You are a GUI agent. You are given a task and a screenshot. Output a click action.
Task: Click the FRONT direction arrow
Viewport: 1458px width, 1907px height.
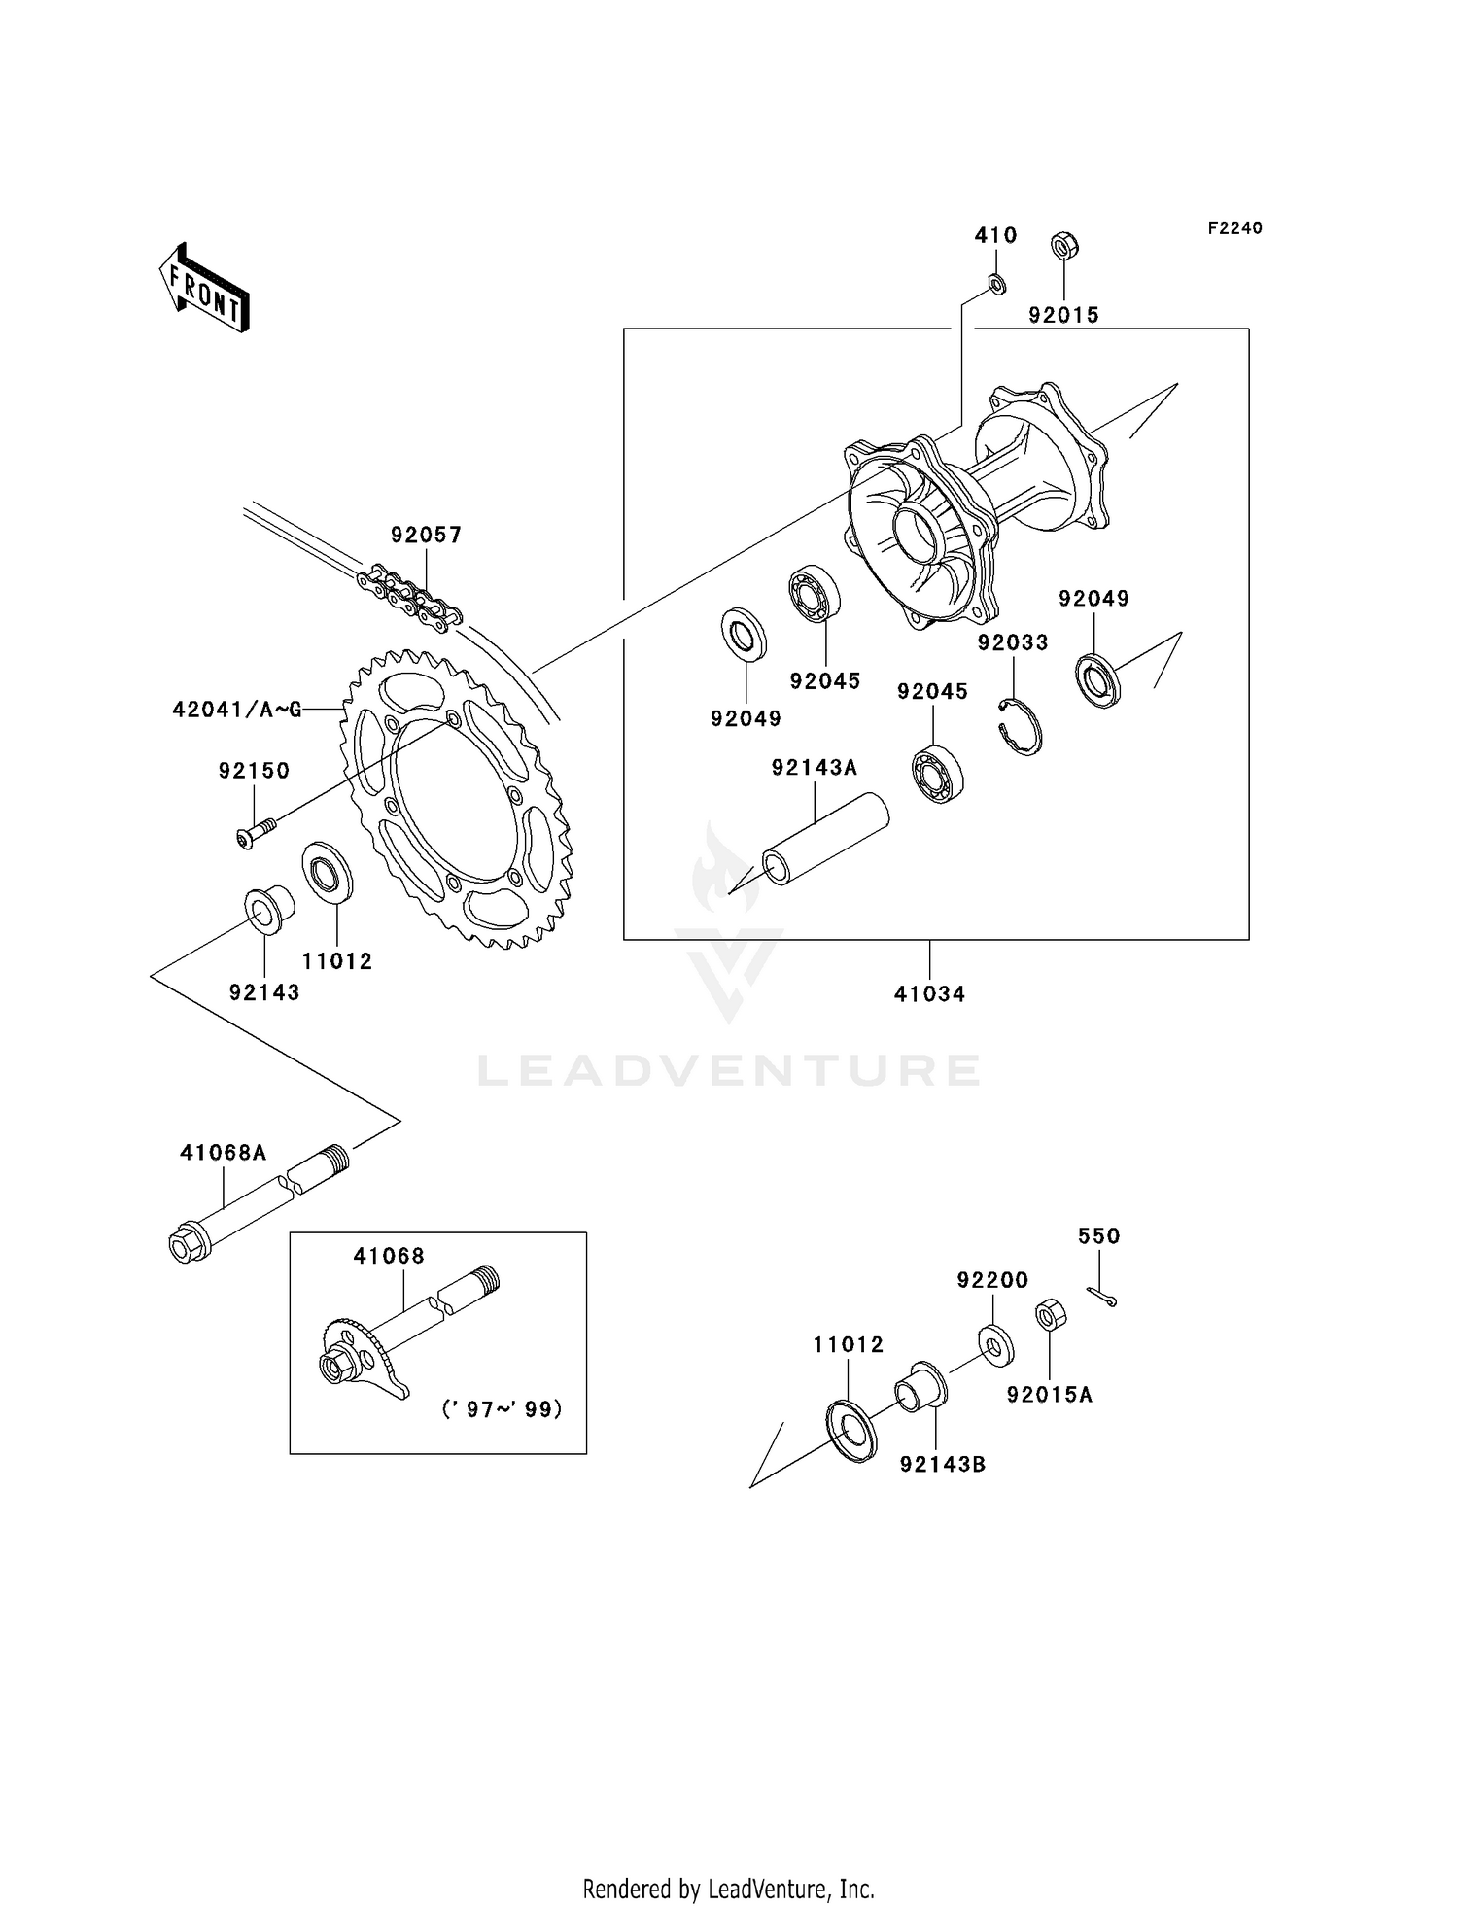[204, 289]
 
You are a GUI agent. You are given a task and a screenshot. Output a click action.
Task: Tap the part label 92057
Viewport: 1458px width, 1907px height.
[426, 535]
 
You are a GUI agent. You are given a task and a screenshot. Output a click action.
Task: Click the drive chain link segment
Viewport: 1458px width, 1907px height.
[408, 596]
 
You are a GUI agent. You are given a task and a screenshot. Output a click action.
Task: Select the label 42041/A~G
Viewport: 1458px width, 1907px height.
[236, 710]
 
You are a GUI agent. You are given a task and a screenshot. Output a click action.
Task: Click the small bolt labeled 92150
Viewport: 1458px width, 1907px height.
[256, 832]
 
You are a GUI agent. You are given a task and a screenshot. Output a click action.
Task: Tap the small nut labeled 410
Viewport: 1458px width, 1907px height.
[996, 283]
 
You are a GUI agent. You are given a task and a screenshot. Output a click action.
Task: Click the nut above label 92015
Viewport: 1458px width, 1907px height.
[1064, 247]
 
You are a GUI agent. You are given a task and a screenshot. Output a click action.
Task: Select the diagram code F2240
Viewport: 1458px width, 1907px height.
[1234, 228]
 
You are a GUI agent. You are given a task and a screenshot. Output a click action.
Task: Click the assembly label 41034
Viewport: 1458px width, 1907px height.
[929, 994]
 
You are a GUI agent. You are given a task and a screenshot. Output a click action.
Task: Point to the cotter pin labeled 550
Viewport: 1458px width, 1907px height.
[1102, 1297]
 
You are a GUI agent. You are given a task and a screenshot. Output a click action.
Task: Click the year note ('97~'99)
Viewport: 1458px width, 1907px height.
[502, 1409]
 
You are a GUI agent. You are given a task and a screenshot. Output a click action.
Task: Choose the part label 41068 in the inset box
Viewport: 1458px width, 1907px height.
[389, 1256]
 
